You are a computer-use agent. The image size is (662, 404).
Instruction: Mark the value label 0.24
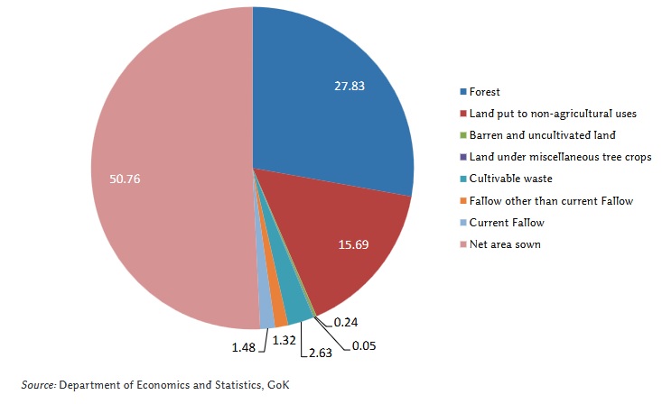pos(346,322)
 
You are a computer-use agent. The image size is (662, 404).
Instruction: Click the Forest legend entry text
pos(484,92)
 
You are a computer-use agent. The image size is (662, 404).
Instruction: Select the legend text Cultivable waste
pos(510,179)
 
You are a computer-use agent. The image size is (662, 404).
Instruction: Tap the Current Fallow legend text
pos(506,223)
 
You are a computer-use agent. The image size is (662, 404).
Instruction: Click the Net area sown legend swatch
pos(463,244)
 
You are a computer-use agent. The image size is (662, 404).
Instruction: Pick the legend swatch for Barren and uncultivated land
pos(463,135)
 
